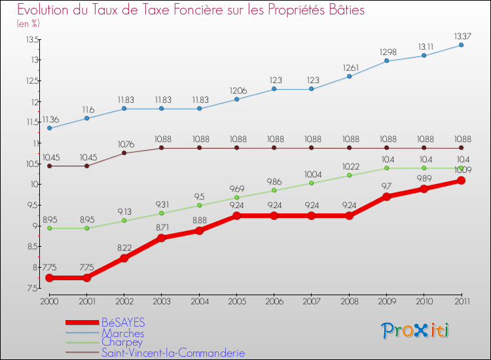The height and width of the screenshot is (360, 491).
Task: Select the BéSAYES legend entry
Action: pos(123,323)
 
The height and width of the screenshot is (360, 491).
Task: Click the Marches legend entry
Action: pos(122,333)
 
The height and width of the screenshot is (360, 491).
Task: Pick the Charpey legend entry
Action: pos(122,342)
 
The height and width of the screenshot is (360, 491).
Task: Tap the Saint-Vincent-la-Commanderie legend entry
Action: pos(173,353)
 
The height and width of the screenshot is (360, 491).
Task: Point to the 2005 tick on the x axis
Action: pos(236,300)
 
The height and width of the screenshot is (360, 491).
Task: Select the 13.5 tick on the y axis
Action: pos(32,40)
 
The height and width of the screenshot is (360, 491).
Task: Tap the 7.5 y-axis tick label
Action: pos(32,288)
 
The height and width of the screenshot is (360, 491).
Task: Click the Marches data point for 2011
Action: pos(462,45)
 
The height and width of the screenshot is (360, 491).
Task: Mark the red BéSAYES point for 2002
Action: pos(124,258)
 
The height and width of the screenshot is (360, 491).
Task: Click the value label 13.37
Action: pos(461,35)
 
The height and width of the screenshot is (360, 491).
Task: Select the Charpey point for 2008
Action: pos(349,175)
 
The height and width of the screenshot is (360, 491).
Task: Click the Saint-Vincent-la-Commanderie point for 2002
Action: pos(124,153)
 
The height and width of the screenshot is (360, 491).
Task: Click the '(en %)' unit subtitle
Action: pos(28,24)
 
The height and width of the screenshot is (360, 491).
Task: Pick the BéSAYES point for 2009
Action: pos(386,196)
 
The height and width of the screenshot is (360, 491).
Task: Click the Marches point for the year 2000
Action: pos(50,128)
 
